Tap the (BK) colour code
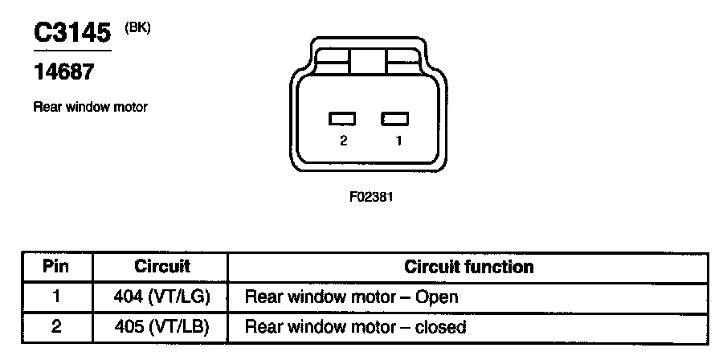coord(138,27)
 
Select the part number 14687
coord(63,72)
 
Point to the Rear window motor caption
coord(90,107)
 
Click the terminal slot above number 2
coord(342,119)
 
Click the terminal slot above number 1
coord(394,119)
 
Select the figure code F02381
coord(370,195)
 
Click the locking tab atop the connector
coord(369,60)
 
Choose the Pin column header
coord(56,266)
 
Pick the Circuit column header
coord(161,266)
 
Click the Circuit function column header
coord(468,266)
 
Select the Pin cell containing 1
coord(56,297)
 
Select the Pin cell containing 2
coord(56,326)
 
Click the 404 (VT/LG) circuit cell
coord(161,297)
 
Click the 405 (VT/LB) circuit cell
coord(161,326)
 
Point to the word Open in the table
coord(436,297)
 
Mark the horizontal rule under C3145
coord(71,50)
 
